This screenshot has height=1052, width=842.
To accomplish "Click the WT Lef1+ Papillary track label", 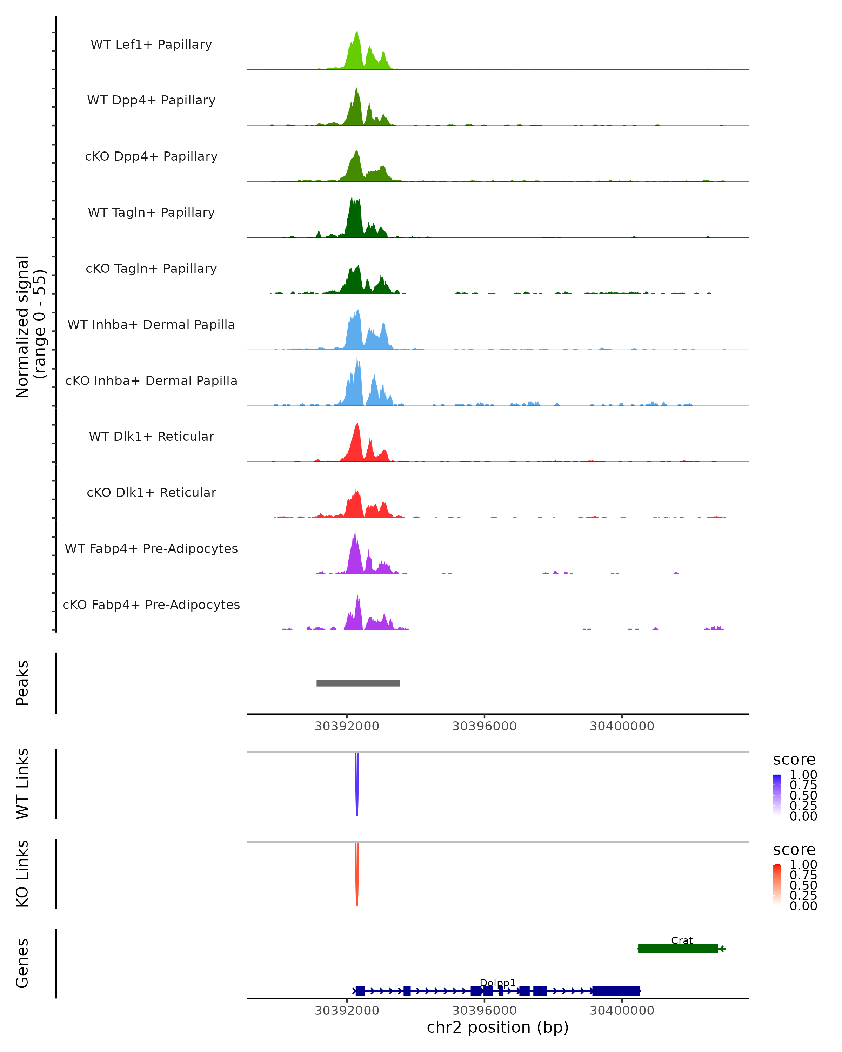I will coord(151,45).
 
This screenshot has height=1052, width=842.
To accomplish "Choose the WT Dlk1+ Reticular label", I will coord(151,436).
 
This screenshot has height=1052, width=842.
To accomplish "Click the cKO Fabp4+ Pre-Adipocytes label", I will coord(151,605).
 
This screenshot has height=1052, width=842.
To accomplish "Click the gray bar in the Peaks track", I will coord(358,683).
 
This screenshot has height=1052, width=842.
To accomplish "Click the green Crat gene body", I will coord(677,949).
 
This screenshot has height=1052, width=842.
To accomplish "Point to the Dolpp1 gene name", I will coord(497,983).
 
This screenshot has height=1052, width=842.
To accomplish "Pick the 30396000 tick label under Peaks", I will coord(484,726).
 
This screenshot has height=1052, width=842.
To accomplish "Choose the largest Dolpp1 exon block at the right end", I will coord(616,991).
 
